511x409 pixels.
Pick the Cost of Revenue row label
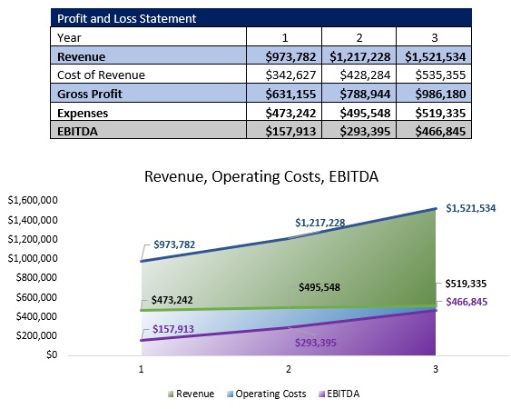(101, 75)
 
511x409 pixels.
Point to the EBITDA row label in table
(79, 131)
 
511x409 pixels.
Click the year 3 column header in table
(435, 37)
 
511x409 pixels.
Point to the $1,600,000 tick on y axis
(34, 200)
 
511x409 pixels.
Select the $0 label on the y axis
(52, 355)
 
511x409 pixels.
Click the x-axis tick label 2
(289, 370)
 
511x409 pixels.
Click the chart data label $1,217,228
(319, 223)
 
